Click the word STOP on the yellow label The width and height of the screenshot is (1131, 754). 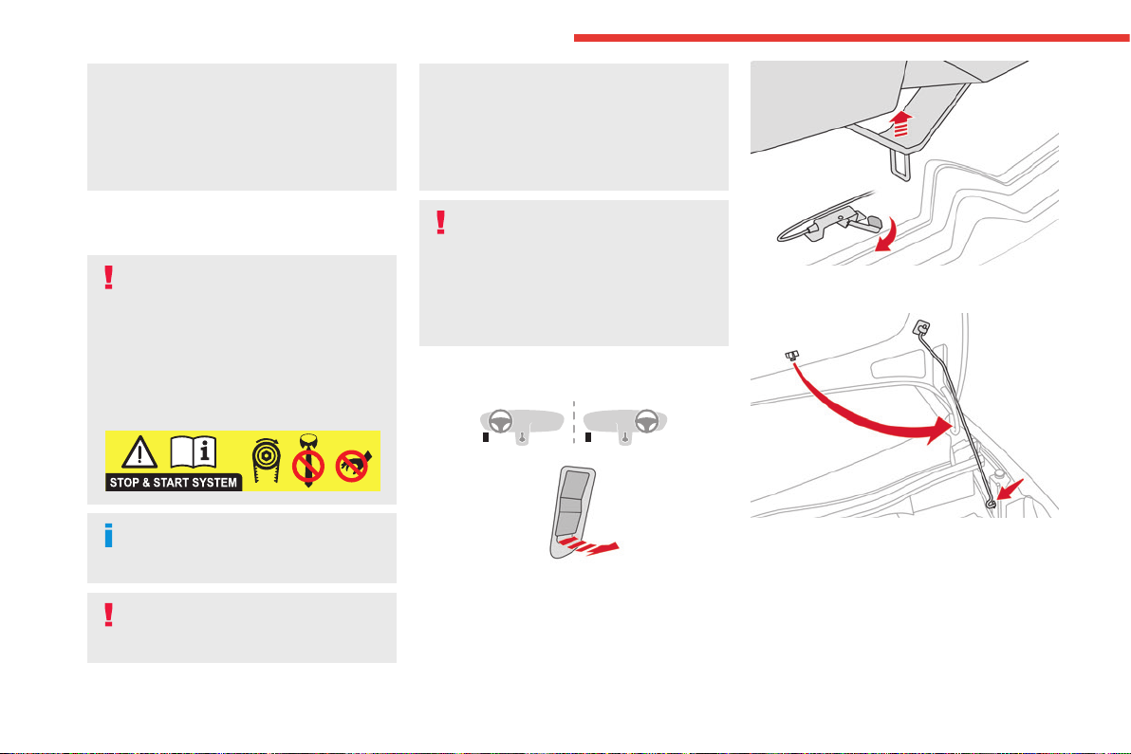pyautogui.click(x=124, y=482)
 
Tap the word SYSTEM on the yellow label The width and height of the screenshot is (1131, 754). pyautogui.click(x=213, y=482)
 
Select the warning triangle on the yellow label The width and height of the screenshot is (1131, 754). pyautogui.click(x=139, y=452)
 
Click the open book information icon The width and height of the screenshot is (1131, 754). pyautogui.click(x=194, y=452)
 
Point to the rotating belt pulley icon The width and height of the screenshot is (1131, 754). pyautogui.click(x=266, y=460)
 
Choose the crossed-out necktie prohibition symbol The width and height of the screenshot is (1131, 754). pyautogui.click(x=308, y=461)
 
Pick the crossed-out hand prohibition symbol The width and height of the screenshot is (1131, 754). pyautogui.click(x=353, y=466)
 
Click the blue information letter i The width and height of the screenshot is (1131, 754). pyautogui.click(x=109, y=536)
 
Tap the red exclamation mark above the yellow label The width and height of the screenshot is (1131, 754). pyautogui.click(x=109, y=278)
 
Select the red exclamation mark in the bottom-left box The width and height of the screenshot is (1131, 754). pyautogui.click(x=109, y=615)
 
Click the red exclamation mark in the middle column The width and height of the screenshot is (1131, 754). pyautogui.click(x=440, y=222)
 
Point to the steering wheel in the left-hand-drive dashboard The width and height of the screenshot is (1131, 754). pyautogui.click(x=501, y=421)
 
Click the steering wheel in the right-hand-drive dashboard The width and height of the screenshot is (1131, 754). pyautogui.click(x=646, y=421)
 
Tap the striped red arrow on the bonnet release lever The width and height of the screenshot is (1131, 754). pyautogui.click(x=590, y=545)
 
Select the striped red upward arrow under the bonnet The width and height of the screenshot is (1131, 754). pyautogui.click(x=900, y=123)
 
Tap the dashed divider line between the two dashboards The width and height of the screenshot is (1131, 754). pyautogui.click(x=574, y=422)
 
